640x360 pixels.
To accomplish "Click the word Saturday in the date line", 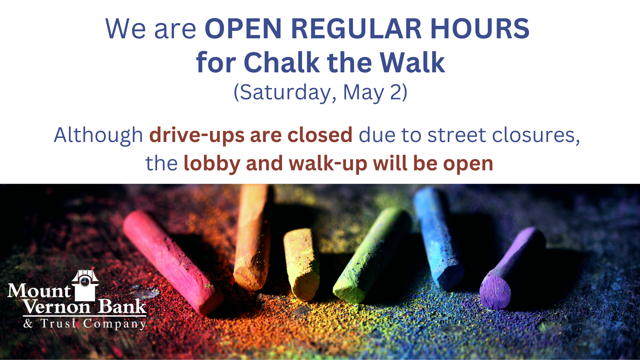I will [286, 92].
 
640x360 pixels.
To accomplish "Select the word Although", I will [98, 135].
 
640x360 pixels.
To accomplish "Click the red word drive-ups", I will [197, 135].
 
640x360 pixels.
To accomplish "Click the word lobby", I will [212, 164].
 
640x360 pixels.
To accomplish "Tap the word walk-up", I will [328, 164].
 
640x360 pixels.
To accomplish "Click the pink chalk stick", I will [170, 260].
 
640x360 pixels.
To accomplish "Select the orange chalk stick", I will [252, 240].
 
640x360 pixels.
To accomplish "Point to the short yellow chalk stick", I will [301, 263].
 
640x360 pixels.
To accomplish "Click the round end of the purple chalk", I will [495, 292].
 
